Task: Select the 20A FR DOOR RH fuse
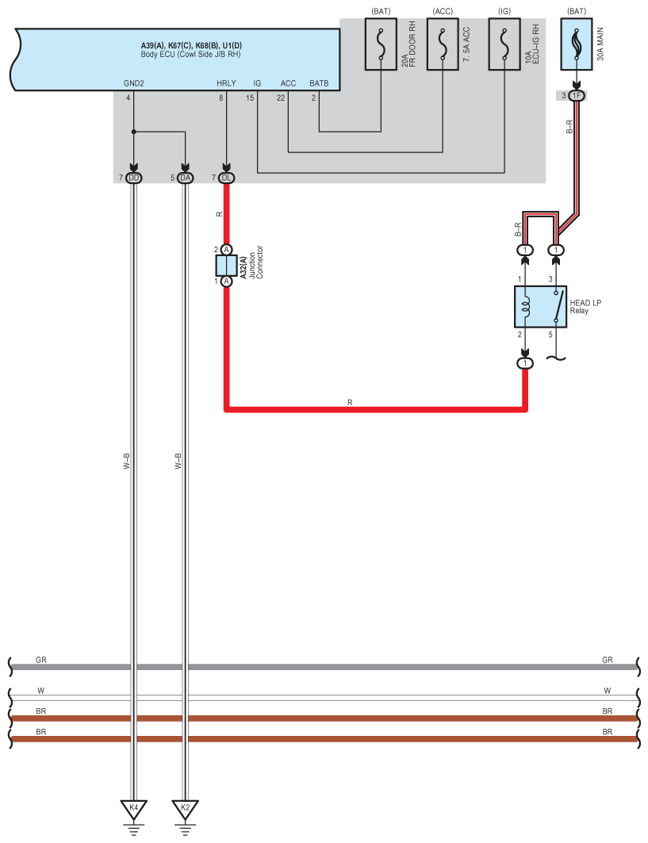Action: click(381, 44)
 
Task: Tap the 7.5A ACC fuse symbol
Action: click(443, 44)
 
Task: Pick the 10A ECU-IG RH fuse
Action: click(505, 44)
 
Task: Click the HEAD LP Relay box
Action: click(540, 307)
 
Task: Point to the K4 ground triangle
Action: click(133, 808)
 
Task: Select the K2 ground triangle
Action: click(185, 808)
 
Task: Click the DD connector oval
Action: click(133, 178)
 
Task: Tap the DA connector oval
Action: click(185, 178)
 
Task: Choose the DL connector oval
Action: click(227, 178)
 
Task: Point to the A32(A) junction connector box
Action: click(227, 265)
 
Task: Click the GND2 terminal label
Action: click(133, 83)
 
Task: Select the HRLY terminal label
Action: click(226, 83)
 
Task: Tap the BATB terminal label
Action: click(319, 83)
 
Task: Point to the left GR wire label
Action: click(41, 660)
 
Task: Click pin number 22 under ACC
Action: click(281, 98)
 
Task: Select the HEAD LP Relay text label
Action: click(585, 307)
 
